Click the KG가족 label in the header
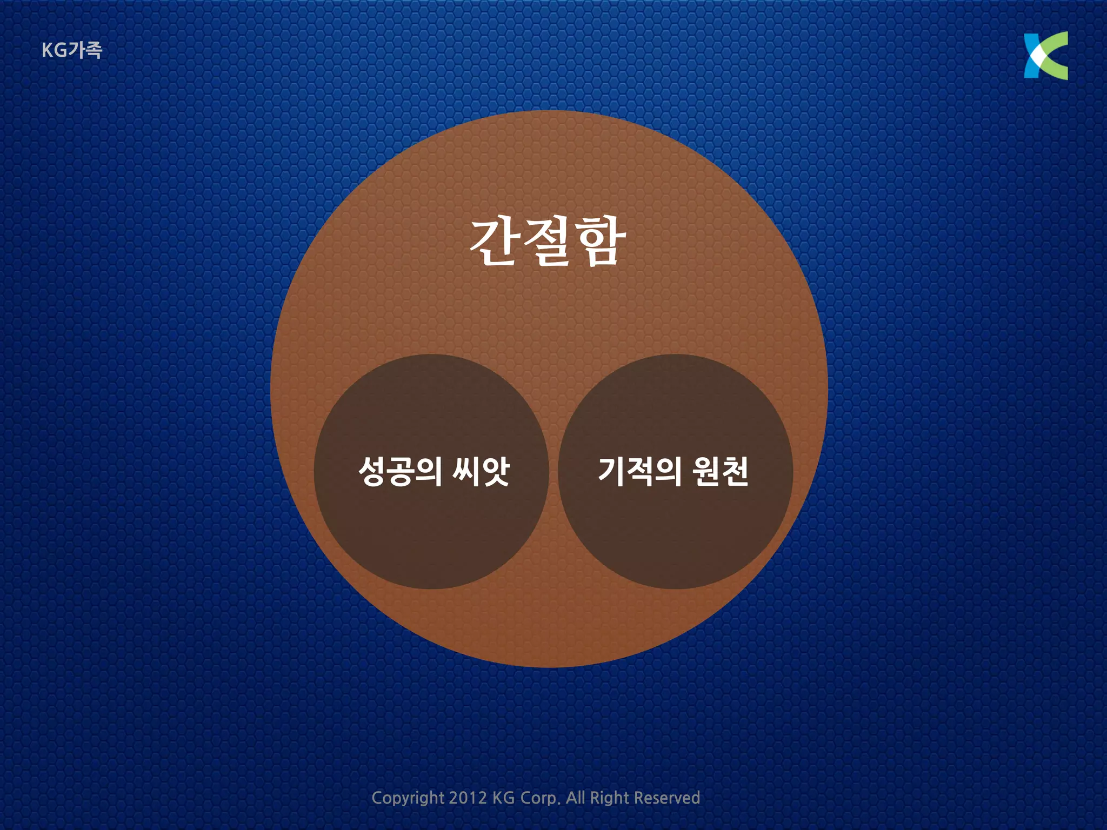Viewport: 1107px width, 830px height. click(x=71, y=50)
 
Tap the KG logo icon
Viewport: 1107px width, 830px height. click(x=1045, y=56)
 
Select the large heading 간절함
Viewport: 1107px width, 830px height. click(x=548, y=243)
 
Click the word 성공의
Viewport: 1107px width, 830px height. click(x=400, y=471)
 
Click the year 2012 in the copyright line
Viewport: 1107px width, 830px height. click(x=468, y=798)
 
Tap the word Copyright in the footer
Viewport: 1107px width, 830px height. click(x=408, y=798)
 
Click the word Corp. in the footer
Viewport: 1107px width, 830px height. click(x=540, y=798)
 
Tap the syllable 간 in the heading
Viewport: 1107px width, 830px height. click(x=494, y=243)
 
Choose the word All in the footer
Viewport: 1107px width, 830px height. click(x=576, y=798)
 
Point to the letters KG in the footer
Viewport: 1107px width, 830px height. click(x=503, y=798)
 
